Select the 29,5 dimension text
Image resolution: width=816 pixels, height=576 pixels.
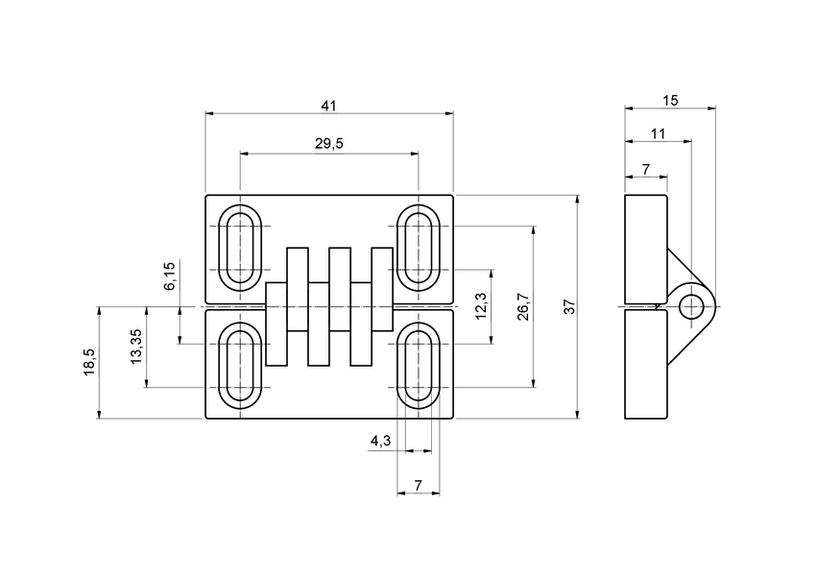(x=329, y=143)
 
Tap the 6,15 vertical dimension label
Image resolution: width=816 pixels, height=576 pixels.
(x=170, y=276)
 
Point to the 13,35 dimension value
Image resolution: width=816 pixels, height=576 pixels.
(x=136, y=346)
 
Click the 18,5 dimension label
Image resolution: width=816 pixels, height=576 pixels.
(x=89, y=363)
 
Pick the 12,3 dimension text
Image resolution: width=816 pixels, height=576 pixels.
(x=481, y=305)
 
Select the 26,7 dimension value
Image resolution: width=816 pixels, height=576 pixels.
(x=523, y=307)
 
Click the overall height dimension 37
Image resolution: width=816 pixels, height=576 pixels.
(x=568, y=307)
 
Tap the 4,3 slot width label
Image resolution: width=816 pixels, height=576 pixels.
(x=380, y=441)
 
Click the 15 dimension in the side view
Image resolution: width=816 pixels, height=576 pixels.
(x=669, y=100)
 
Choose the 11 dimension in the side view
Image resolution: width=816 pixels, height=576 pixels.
(x=658, y=132)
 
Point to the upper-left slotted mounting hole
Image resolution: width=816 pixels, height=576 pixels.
(x=240, y=247)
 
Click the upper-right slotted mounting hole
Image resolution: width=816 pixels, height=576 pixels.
(x=419, y=247)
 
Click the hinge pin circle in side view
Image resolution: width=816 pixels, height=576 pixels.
(x=690, y=307)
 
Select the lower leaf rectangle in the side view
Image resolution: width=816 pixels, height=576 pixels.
(x=645, y=365)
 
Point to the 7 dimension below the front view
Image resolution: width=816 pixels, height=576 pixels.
(x=419, y=485)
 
